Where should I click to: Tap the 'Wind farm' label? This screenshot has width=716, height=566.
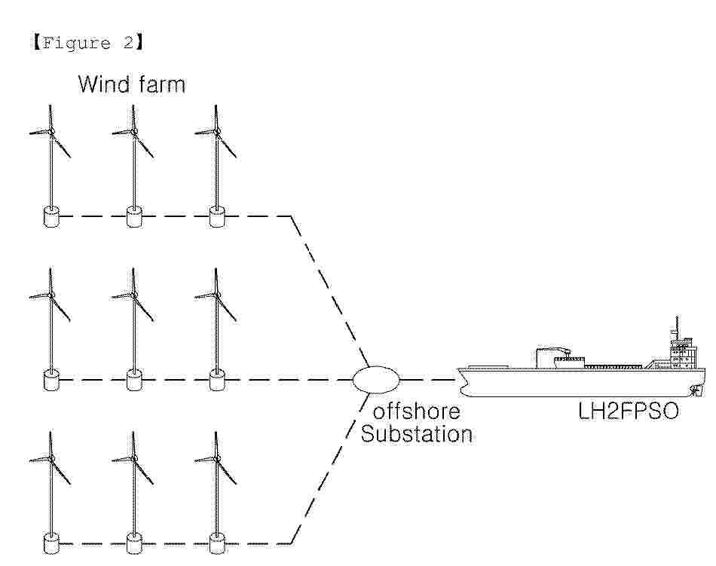tap(132, 84)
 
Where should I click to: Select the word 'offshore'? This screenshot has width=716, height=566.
tap(417, 411)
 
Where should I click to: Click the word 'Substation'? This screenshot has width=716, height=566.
tap(417, 433)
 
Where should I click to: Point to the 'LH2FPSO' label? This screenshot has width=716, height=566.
tap(629, 411)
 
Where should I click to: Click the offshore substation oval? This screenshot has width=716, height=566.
tap(376, 379)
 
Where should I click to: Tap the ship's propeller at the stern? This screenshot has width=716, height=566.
tap(696, 391)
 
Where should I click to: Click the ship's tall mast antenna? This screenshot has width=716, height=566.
tap(677, 326)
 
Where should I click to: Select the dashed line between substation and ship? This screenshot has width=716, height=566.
tap(428, 379)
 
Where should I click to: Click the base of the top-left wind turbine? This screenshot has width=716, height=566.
tap(51, 216)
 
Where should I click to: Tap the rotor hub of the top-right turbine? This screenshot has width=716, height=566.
tap(216, 131)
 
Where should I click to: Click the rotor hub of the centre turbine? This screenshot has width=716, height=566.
tap(134, 295)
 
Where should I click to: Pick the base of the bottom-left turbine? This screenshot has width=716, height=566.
tap(51, 543)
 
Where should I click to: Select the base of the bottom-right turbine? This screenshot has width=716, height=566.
tap(217, 543)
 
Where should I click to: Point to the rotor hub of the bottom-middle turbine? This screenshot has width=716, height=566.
tap(134, 457)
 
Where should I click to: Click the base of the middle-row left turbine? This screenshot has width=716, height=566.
tap(51, 380)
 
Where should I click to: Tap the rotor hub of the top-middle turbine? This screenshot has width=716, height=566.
tap(134, 131)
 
